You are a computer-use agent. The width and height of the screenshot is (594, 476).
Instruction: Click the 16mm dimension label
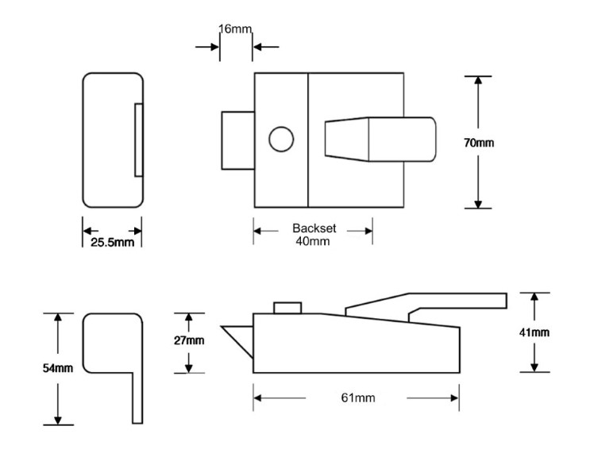235,29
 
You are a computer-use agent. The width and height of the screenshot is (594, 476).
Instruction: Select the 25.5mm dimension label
112,240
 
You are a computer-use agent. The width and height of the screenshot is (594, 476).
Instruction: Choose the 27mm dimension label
188,340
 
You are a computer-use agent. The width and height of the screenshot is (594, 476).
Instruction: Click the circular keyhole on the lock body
280,140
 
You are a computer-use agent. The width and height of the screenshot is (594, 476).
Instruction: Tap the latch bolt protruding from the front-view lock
237,140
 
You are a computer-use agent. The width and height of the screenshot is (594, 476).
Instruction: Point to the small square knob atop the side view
287,308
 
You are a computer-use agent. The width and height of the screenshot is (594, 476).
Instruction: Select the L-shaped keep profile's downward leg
136,397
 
